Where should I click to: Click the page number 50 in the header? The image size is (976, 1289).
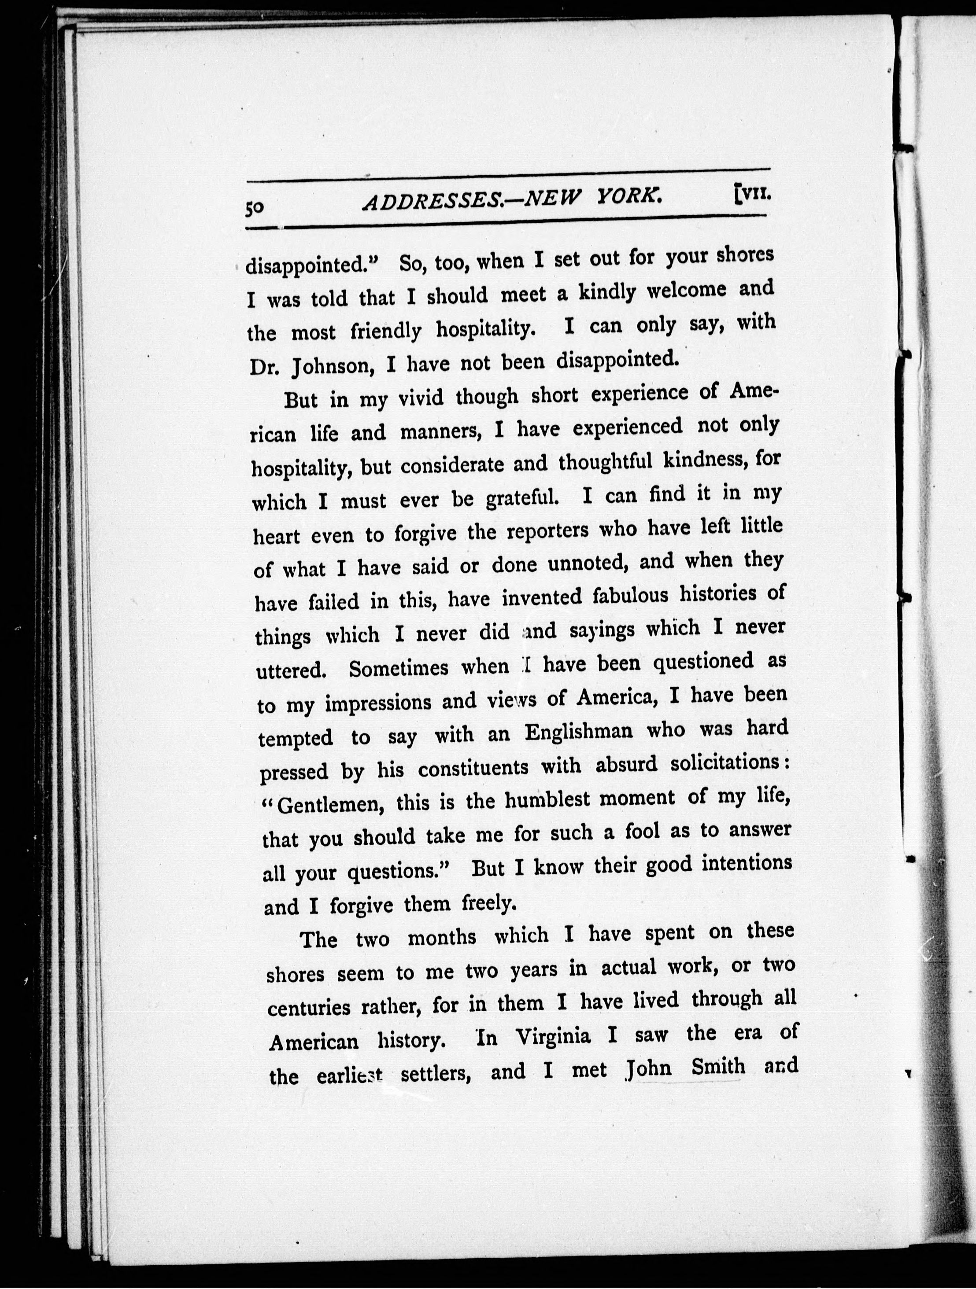click(x=255, y=208)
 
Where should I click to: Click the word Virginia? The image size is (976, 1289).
click(x=553, y=1038)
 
